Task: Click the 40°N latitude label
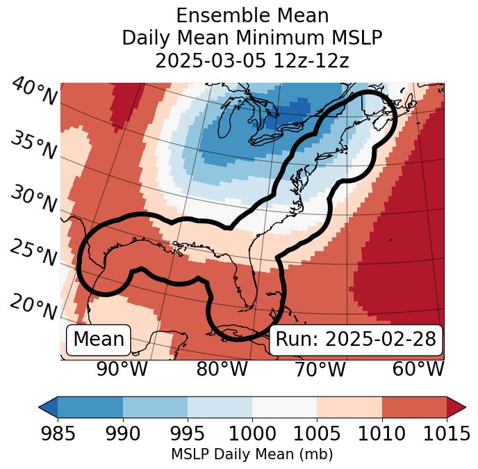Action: [33, 93]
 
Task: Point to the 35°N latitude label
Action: [33, 145]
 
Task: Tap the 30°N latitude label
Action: [33, 200]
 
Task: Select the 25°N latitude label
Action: [33, 253]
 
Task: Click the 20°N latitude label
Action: [33, 306]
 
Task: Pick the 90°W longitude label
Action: [122, 369]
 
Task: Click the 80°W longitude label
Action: [222, 369]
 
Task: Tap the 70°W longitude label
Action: [320, 369]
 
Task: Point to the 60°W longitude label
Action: [418, 369]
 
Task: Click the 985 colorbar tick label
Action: [58, 434]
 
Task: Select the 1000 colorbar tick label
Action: [252, 434]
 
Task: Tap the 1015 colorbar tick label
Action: [446, 434]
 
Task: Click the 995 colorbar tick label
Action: [188, 434]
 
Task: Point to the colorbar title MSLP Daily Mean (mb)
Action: [252, 454]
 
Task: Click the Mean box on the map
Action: [98, 340]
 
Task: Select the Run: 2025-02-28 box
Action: [356, 340]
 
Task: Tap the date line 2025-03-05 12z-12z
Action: [252, 61]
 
